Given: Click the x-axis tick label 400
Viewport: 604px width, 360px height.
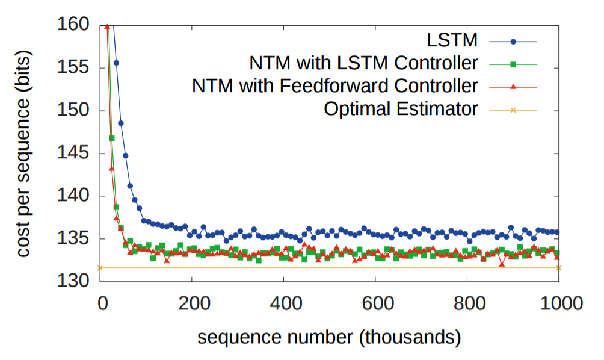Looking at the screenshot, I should click(283, 302).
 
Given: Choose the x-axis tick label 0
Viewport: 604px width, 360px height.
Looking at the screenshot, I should click(100, 302).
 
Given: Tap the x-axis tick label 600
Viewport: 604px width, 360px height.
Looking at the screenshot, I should click(375, 302).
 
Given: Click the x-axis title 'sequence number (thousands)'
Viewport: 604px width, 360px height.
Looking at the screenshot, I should click(330, 335).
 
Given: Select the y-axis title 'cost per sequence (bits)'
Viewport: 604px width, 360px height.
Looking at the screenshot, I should click(23, 153).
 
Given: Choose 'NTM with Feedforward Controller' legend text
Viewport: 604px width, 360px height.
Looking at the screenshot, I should click(335, 86).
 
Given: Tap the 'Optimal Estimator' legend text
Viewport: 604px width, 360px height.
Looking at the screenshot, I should click(401, 109).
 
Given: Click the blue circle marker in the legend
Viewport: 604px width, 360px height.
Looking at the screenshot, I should click(513, 42).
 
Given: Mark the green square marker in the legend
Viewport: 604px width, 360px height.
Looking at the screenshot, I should click(513, 64).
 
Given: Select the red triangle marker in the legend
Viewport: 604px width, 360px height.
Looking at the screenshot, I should click(513, 87).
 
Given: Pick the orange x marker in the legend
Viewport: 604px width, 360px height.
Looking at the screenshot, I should click(513, 110).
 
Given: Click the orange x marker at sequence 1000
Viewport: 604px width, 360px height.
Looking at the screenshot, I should click(559, 268).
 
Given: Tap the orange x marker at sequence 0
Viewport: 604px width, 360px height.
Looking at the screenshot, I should click(100, 268).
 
